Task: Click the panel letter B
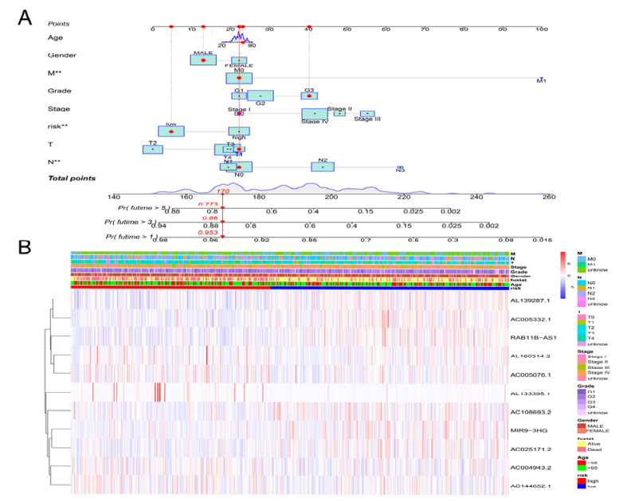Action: coord(25,247)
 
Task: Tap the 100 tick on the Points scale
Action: coord(541,29)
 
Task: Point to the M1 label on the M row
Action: coord(541,81)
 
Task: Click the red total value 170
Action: coord(224,192)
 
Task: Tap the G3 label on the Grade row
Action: coord(309,91)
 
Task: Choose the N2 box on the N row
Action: coord(323,167)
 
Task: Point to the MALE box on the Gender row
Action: coord(203,60)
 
